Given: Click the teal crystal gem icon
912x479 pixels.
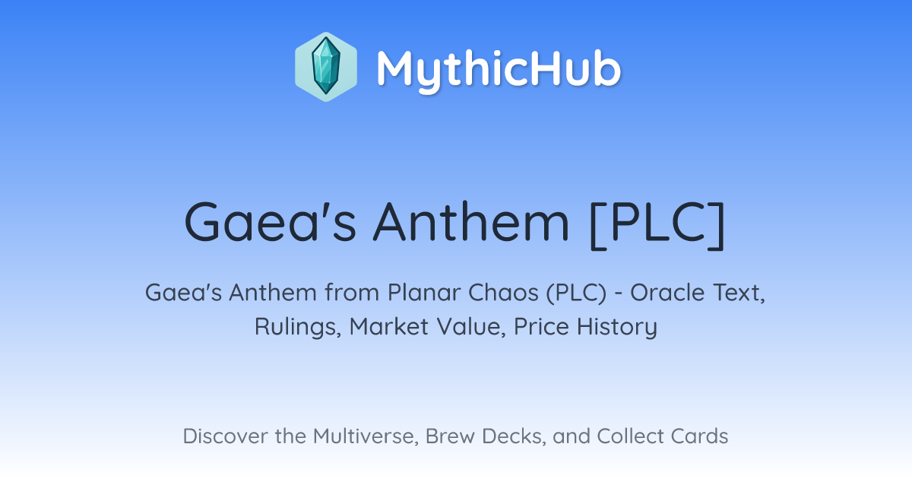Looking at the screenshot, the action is [x=326, y=66].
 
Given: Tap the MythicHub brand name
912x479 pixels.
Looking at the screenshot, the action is [x=499, y=69].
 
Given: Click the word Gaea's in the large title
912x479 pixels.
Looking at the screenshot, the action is [x=271, y=222].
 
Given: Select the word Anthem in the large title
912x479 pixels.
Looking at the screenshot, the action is [x=471, y=222].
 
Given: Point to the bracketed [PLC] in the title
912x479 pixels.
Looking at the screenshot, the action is [x=657, y=224].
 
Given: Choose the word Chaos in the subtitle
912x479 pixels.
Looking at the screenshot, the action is [x=503, y=293].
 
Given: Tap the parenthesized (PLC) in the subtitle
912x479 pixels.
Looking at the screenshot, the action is [x=576, y=293].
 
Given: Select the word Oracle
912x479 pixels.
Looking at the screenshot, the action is [x=668, y=293].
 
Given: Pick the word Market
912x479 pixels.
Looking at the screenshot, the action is [x=389, y=327].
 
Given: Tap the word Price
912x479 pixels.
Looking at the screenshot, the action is [x=541, y=327].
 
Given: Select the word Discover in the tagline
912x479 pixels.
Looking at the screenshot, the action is [x=226, y=436].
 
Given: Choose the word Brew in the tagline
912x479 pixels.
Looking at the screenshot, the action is [x=450, y=436].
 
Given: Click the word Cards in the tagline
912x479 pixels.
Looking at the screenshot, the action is [x=699, y=436].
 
